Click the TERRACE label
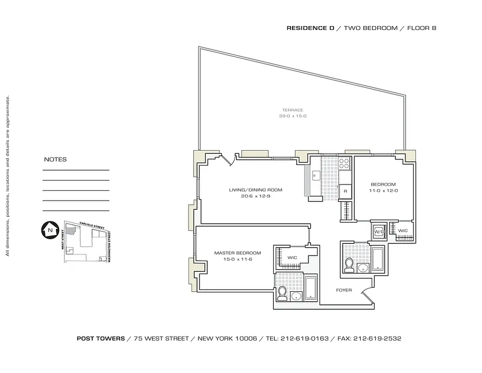[292, 110]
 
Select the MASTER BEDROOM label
[238, 253]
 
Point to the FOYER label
[344, 290]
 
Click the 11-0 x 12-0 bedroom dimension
[383, 191]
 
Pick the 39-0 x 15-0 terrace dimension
[292, 116]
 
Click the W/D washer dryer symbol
[379, 232]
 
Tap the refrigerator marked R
[345, 191]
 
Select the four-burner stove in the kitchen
[344, 164]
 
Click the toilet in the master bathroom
[282, 293]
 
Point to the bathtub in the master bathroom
[311, 289]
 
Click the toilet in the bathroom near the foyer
[349, 265]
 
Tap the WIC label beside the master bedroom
[292, 257]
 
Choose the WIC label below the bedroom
[403, 231]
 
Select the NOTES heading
[55, 159]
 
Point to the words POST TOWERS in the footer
[101, 338]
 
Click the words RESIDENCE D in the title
[310, 28]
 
